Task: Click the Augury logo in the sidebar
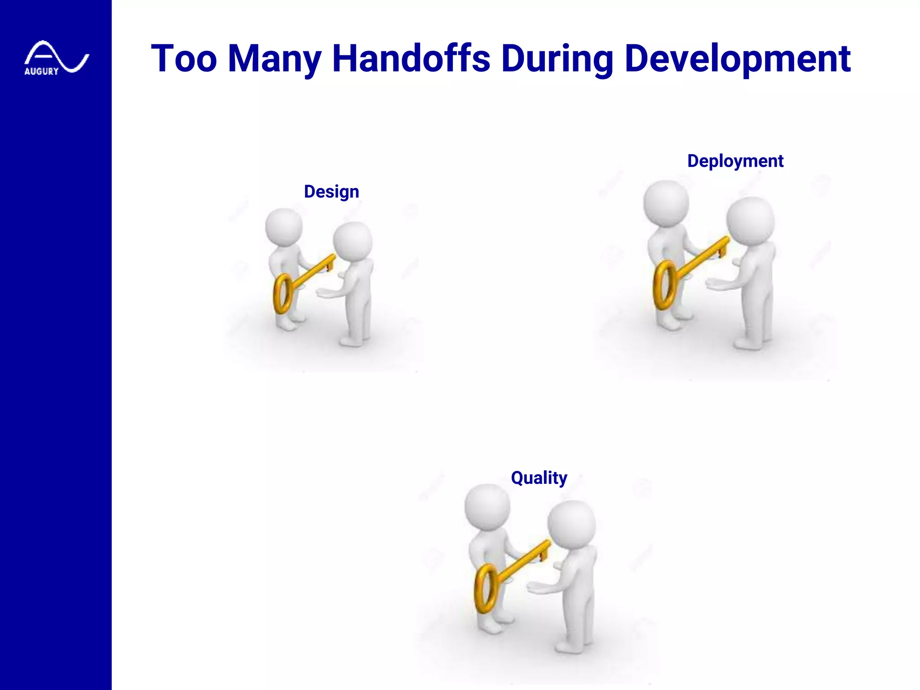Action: point(56,58)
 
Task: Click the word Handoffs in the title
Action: point(411,58)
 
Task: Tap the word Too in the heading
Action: point(184,58)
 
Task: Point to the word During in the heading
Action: point(557,58)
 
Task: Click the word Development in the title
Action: point(738,58)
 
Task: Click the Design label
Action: point(332,192)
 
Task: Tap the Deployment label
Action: point(735,161)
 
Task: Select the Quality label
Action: point(539,478)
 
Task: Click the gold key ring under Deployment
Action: point(664,285)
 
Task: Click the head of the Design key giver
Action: point(284,227)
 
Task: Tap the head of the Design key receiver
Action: point(353,241)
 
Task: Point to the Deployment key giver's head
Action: point(666,203)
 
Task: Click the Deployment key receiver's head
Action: point(750,221)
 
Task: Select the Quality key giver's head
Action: point(487,507)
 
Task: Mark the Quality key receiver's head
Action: point(571,525)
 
